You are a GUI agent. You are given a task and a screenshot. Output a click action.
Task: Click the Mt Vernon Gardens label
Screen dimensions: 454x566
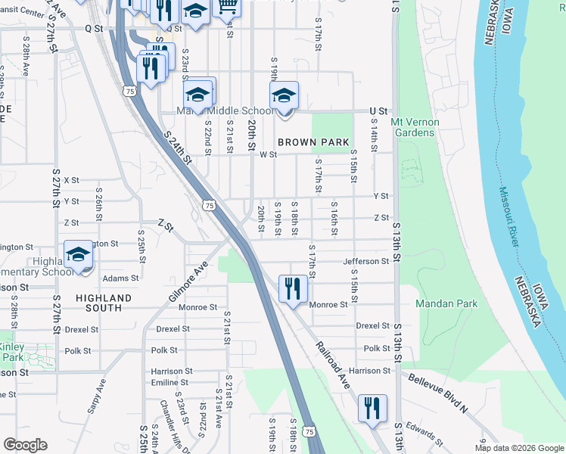[412, 127]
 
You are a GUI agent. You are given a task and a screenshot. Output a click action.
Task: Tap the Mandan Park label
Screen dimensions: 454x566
[446, 303]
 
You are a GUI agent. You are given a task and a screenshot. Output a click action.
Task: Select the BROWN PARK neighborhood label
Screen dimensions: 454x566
[313, 142]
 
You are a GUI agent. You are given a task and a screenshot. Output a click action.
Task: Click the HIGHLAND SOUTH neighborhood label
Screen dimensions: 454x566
[104, 303]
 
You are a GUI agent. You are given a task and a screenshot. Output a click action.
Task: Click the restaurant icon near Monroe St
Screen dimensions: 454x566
[292, 288]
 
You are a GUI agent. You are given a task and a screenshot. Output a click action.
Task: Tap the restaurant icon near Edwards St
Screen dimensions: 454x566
[372, 408]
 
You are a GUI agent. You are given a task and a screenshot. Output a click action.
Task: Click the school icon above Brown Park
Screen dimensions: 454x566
[285, 95]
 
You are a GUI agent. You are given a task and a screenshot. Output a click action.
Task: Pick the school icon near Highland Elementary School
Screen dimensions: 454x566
[78, 254]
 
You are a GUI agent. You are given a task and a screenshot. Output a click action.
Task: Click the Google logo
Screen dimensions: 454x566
[25, 445]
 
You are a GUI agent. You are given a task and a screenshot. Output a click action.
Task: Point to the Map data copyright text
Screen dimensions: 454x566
[518, 448]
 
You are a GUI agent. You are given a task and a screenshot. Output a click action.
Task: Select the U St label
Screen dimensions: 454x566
[378, 111]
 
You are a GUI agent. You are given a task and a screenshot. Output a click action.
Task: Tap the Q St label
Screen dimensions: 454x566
[93, 27]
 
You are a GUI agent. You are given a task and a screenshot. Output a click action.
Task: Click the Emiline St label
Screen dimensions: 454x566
[169, 383]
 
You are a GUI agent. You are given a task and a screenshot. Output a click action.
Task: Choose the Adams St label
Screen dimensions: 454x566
[121, 278]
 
